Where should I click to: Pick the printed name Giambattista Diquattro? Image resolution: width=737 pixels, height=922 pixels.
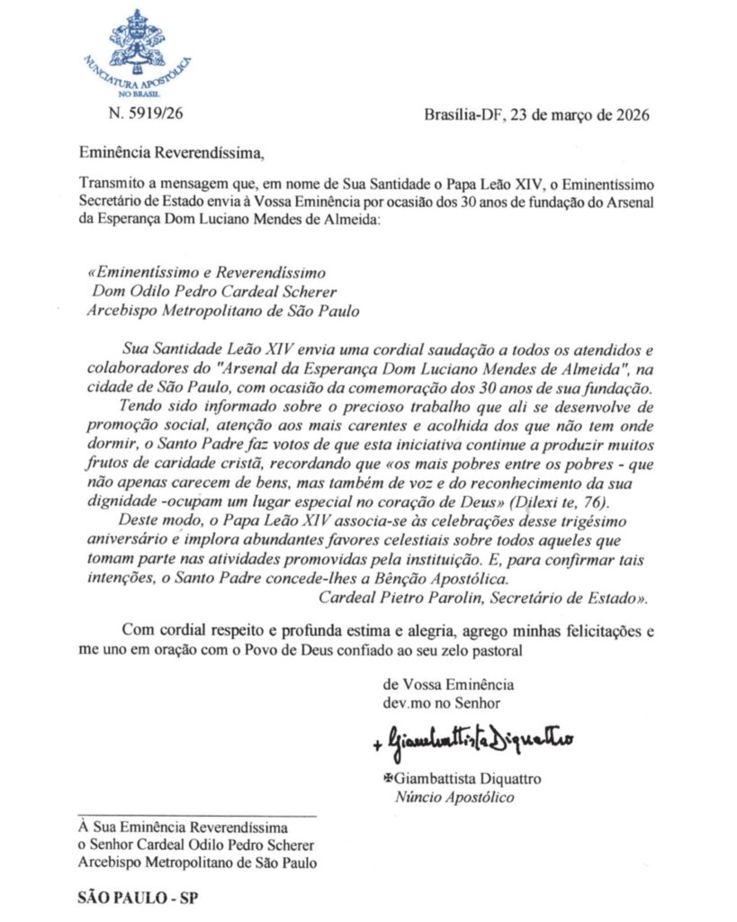pos(469,778)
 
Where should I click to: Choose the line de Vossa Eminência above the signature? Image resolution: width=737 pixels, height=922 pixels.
pos(449,682)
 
